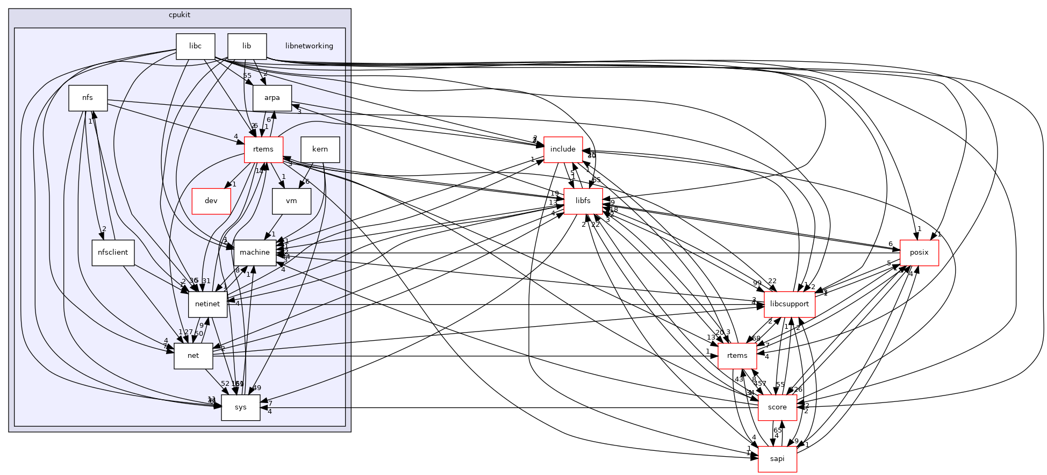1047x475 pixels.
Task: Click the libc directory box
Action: pyautogui.click(x=195, y=46)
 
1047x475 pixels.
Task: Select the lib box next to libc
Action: pyautogui.click(x=247, y=46)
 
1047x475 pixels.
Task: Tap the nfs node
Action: pyautogui.click(x=88, y=98)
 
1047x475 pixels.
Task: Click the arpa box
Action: pyautogui.click(x=272, y=98)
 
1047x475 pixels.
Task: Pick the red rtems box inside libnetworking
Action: pyautogui.click(x=263, y=149)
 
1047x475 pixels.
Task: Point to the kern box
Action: pyautogui.click(x=320, y=149)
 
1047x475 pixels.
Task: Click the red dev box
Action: pyautogui.click(x=211, y=201)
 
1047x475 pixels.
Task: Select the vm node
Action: pyautogui.click(x=291, y=201)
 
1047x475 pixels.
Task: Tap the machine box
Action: pyautogui.click(x=254, y=253)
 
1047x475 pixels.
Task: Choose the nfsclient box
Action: pyautogui.click(x=113, y=253)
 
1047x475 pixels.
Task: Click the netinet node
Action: pyautogui.click(x=207, y=304)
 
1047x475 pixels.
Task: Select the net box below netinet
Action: pyautogui.click(x=193, y=356)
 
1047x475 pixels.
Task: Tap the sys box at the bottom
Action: pyautogui.click(x=240, y=407)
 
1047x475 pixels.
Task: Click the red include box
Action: pyautogui.click(x=563, y=149)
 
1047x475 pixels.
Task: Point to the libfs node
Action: pyautogui.click(x=583, y=201)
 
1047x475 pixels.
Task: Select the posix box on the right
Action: pyautogui.click(x=919, y=253)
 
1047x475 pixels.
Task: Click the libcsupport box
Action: pyautogui.click(x=789, y=304)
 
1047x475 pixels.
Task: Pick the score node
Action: pyautogui.click(x=777, y=407)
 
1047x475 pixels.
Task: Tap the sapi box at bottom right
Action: pyautogui.click(x=777, y=459)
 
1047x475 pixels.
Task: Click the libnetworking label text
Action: pyautogui.click(x=309, y=46)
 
